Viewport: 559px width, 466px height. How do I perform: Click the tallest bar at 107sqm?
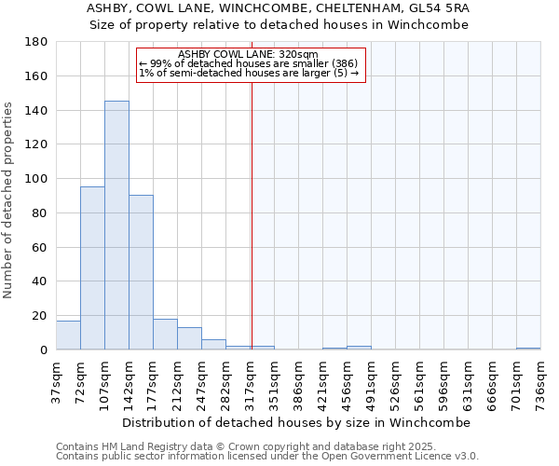coord(116,226)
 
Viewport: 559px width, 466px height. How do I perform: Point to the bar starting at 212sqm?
coord(189,338)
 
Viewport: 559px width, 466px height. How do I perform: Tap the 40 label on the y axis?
coord(40,281)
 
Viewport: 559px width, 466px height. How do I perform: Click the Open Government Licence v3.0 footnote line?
coord(267,457)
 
